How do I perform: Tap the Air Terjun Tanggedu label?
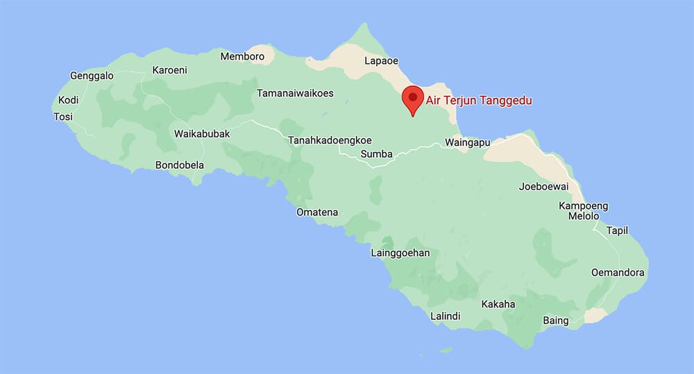(479, 101)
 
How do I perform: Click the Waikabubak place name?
(201, 133)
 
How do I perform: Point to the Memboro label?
(242, 56)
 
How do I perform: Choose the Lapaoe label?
(381, 62)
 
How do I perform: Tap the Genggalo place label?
(92, 76)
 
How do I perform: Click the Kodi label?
(69, 100)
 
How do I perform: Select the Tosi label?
(63, 117)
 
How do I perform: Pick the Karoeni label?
(169, 70)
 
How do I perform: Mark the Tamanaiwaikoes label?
(295, 93)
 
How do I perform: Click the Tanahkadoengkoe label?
(330, 140)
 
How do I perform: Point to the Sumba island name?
(377, 154)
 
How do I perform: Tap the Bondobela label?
(180, 166)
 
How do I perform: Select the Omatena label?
(317, 212)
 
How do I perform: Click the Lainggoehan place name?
(400, 253)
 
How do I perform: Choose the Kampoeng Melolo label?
(583, 211)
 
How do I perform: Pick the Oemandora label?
(618, 273)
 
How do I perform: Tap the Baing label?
(556, 321)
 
